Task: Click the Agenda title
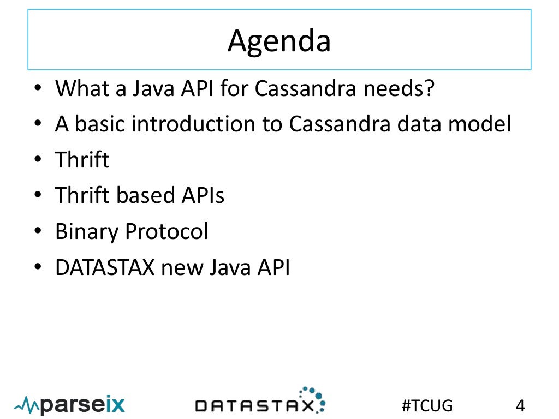279,41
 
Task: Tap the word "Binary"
86,232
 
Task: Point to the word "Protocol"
166,232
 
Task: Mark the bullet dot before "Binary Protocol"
37,232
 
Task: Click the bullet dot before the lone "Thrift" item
37,161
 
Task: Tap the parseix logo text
82,405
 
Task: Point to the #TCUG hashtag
427,405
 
